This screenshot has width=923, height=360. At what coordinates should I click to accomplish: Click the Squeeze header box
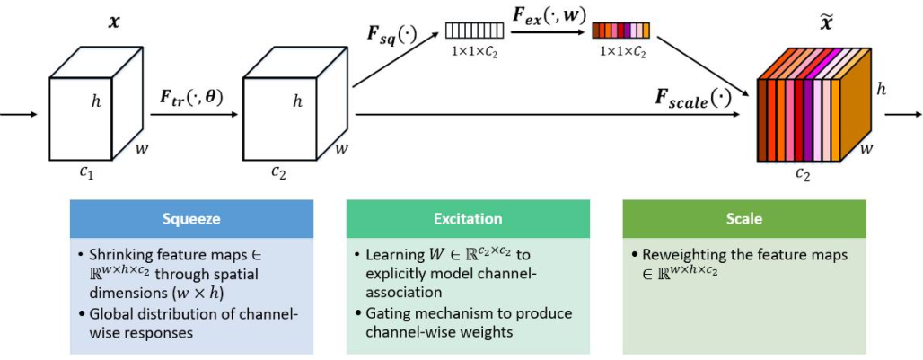coord(191,218)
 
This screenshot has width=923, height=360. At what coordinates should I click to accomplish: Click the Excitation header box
coord(468,218)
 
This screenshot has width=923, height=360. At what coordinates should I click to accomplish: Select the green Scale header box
coord(743,218)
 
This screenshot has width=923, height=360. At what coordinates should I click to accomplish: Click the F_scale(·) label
coord(692,98)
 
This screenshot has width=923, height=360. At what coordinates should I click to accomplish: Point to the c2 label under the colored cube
coord(802,173)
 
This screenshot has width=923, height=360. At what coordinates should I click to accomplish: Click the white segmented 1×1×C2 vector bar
coord(475,31)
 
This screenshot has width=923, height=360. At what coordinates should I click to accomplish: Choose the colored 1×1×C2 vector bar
coord(620,31)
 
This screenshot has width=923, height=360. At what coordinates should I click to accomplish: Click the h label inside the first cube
coord(96,101)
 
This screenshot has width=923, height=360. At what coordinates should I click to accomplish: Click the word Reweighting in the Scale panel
coord(683,255)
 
